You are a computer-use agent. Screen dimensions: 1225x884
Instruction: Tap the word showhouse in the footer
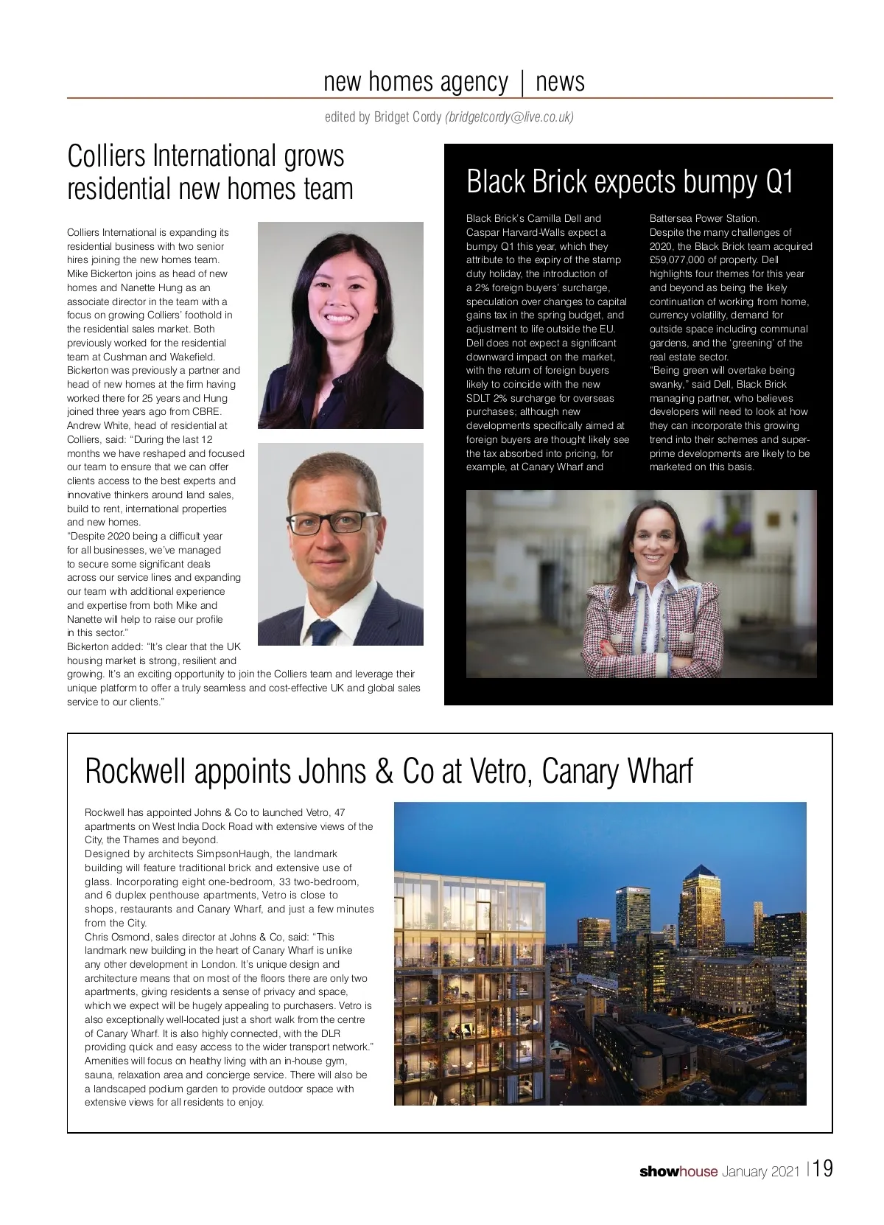(x=678, y=1171)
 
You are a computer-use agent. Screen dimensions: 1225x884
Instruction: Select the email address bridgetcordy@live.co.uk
(x=510, y=116)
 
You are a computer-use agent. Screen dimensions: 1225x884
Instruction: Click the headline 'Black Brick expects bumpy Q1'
(x=630, y=181)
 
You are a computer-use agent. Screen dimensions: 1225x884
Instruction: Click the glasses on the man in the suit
(x=325, y=524)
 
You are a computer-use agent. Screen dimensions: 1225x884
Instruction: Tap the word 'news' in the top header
(x=560, y=81)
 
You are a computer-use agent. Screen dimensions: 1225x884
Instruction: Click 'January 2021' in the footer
(x=760, y=1171)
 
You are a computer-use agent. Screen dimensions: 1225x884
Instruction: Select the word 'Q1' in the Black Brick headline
(x=778, y=181)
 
